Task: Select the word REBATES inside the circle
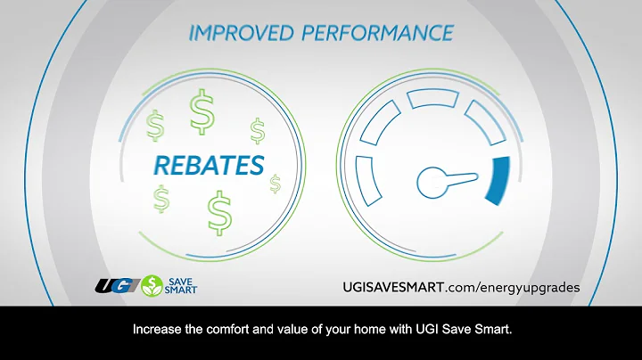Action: (209, 166)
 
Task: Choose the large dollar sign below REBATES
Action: (218, 212)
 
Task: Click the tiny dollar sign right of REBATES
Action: (275, 184)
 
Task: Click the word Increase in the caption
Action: (158, 330)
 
